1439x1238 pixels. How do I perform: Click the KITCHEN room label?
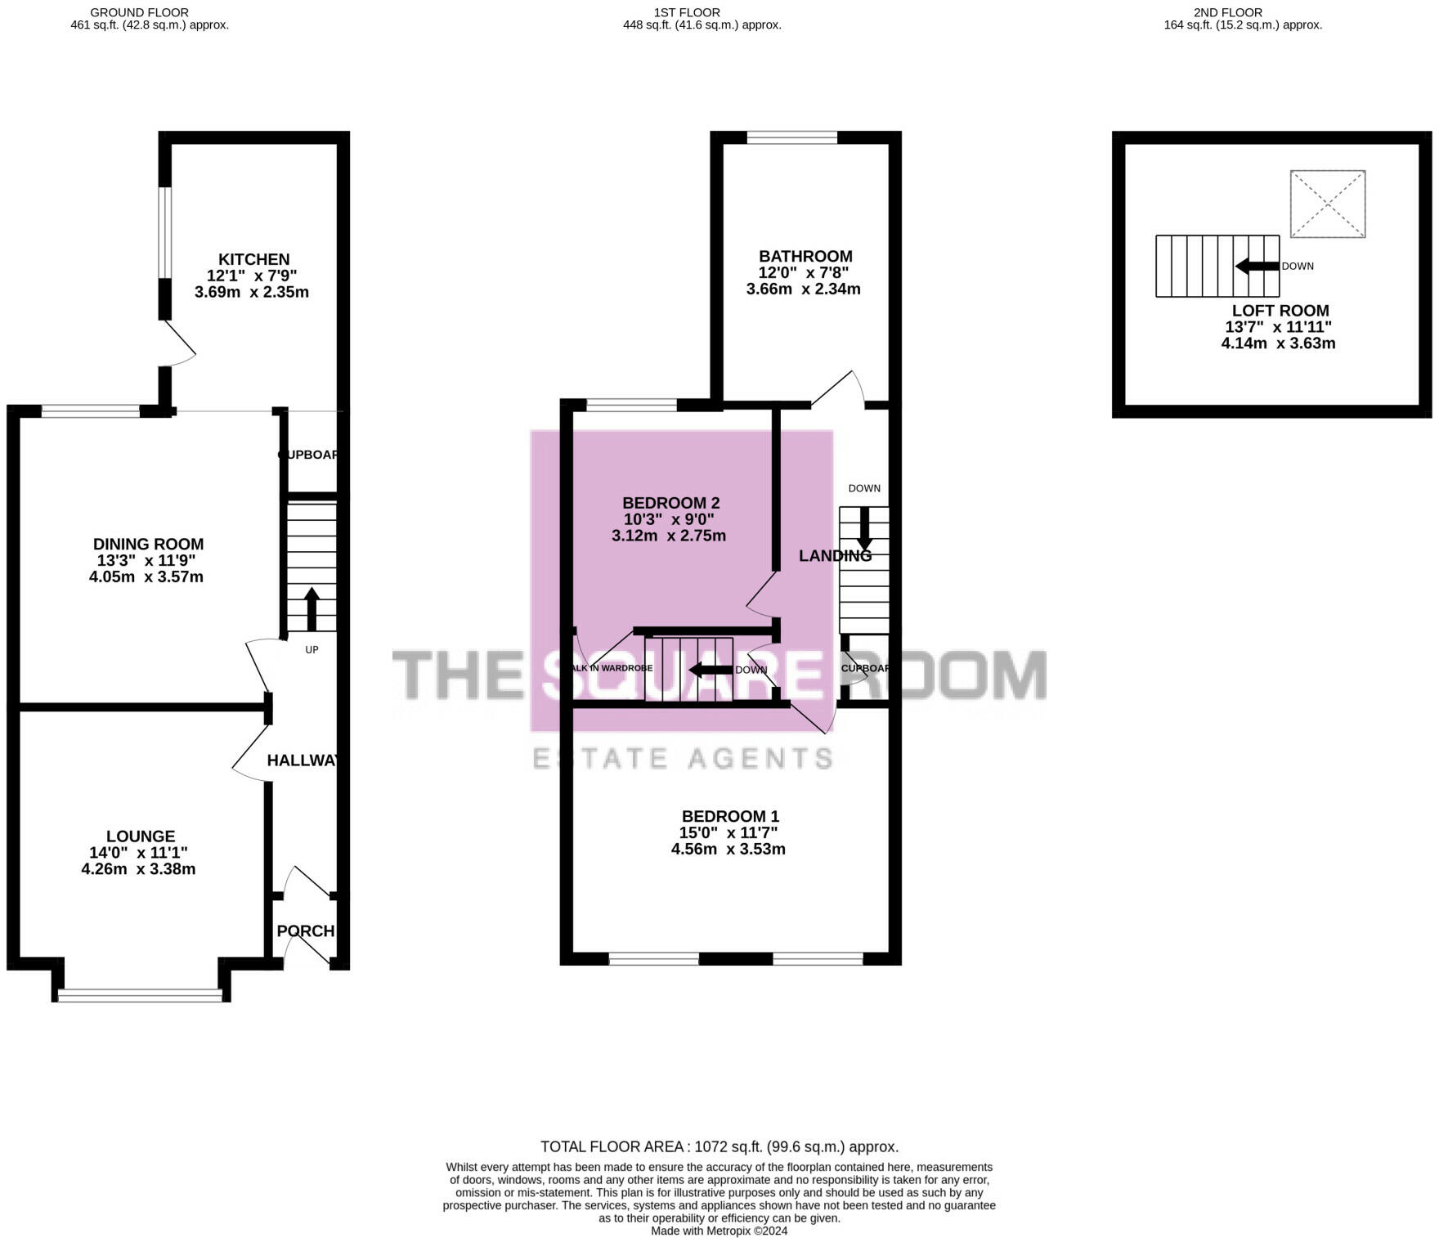tap(253, 259)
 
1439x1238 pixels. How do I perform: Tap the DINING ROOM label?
tap(148, 544)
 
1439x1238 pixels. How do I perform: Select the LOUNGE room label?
tap(141, 836)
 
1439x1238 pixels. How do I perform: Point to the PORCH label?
tap(305, 931)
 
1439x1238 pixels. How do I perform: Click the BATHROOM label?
tap(805, 256)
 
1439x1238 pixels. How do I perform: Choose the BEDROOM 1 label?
tap(730, 816)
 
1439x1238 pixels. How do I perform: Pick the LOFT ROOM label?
tap(1280, 311)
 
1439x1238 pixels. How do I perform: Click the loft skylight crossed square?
tap(1327, 204)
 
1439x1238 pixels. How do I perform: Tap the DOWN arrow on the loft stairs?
tap(1257, 266)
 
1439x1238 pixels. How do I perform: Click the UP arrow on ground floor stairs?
tap(312, 608)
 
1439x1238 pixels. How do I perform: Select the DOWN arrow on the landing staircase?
tap(863, 529)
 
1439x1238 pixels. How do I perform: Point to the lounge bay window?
tap(140, 994)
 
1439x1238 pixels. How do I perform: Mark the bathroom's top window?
tap(791, 137)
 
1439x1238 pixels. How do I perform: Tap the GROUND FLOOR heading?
tap(139, 12)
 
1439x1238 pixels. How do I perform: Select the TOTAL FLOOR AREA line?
tap(719, 1146)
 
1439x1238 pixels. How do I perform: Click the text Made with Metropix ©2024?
tap(719, 1231)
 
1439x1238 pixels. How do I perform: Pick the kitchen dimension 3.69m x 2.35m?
tap(252, 292)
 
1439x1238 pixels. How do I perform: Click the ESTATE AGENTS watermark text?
tap(683, 758)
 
